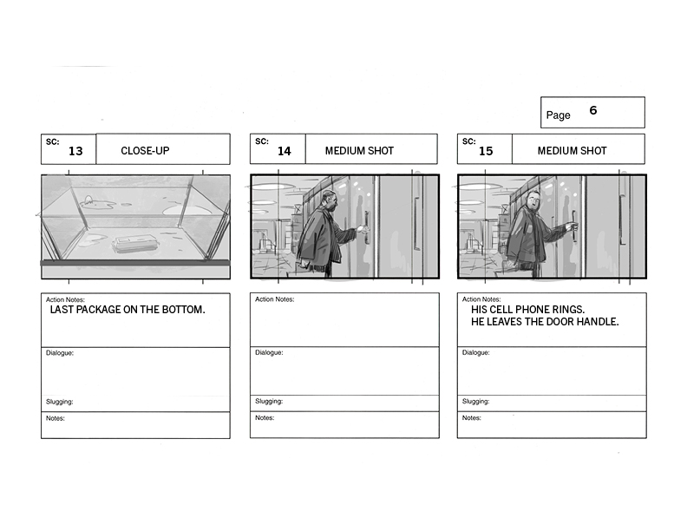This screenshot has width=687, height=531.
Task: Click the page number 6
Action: click(x=592, y=110)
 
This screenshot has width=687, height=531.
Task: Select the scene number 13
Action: click(x=75, y=151)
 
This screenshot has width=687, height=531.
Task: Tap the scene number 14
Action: click(x=284, y=151)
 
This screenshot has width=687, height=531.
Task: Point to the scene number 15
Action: click(x=486, y=151)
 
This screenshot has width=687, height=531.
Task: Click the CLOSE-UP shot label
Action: click(x=145, y=151)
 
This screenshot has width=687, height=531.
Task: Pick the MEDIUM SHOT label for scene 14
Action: click(x=359, y=151)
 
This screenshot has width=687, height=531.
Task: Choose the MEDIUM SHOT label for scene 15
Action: click(x=572, y=151)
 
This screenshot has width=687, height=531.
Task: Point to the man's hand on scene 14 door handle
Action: click(x=362, y=228)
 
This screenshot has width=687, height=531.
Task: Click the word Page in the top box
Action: click(x=558, y=115)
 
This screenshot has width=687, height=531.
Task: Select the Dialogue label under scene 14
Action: click(x=269, y=352)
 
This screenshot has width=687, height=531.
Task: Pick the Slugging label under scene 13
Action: click(x=59, y=402)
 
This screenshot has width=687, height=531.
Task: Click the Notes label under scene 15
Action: click(x=471, y=418)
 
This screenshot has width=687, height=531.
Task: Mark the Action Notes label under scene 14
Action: click(x=274, y=299)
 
